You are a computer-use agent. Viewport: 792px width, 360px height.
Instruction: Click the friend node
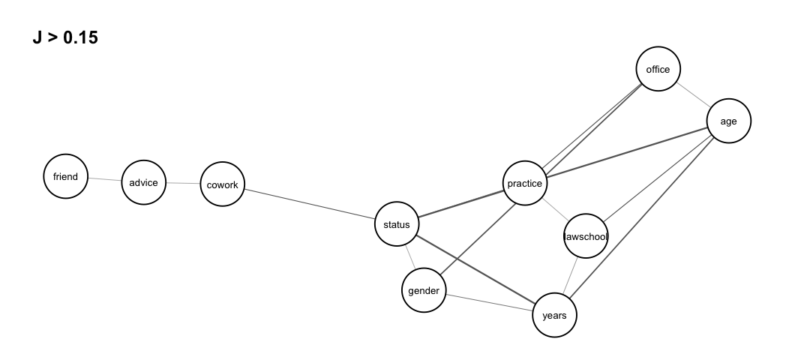tap(66, 177)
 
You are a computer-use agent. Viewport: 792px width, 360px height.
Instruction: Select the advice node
tap(143, 182)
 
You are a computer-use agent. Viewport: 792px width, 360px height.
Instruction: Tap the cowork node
tap(223, 184)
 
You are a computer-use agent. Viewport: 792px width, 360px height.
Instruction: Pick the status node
tap(397, 223)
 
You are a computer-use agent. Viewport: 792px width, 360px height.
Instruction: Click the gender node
tap(424, 290)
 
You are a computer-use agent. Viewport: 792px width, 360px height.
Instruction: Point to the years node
tap(555, 315)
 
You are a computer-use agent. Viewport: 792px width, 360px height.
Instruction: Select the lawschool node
tap(586, 237)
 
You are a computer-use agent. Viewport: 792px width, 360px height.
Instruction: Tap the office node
tap(658, 70)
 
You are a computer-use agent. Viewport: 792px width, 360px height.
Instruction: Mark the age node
tap(728, 121)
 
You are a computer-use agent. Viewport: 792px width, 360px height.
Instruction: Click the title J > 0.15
tap(65, 37)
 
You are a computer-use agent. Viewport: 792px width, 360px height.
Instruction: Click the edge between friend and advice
tap(105, 180)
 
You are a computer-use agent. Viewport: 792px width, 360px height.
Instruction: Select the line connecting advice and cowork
tap(183, 184)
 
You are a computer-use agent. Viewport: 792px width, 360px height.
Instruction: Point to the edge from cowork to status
tap(310, 204)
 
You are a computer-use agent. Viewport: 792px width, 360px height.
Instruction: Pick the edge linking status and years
tap(475, 269)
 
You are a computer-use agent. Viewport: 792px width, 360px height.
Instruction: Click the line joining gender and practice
tap(475, 236)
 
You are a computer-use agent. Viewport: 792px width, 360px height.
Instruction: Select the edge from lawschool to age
tap(657, 179)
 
